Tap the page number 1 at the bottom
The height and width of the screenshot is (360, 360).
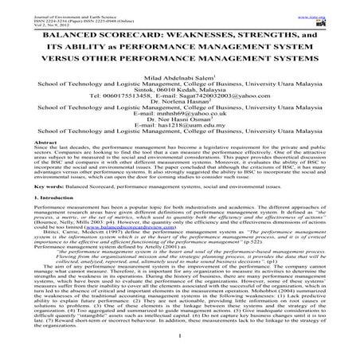[180, 348]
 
